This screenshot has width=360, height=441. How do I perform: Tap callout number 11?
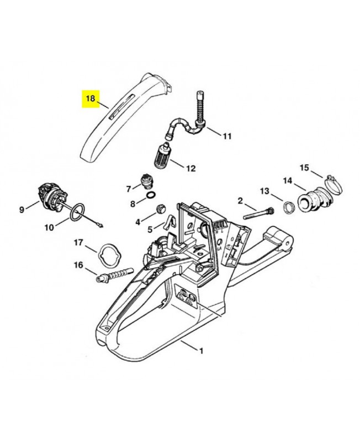(227, 136)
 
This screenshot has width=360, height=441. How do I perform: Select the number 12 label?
(190, 168)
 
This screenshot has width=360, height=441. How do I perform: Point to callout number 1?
(202, 351)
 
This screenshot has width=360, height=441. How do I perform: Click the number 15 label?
(304, 168)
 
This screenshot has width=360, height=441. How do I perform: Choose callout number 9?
(22, 209)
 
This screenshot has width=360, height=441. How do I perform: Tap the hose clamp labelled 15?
(325, 180)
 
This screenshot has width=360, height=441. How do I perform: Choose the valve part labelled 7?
(147, 180)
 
